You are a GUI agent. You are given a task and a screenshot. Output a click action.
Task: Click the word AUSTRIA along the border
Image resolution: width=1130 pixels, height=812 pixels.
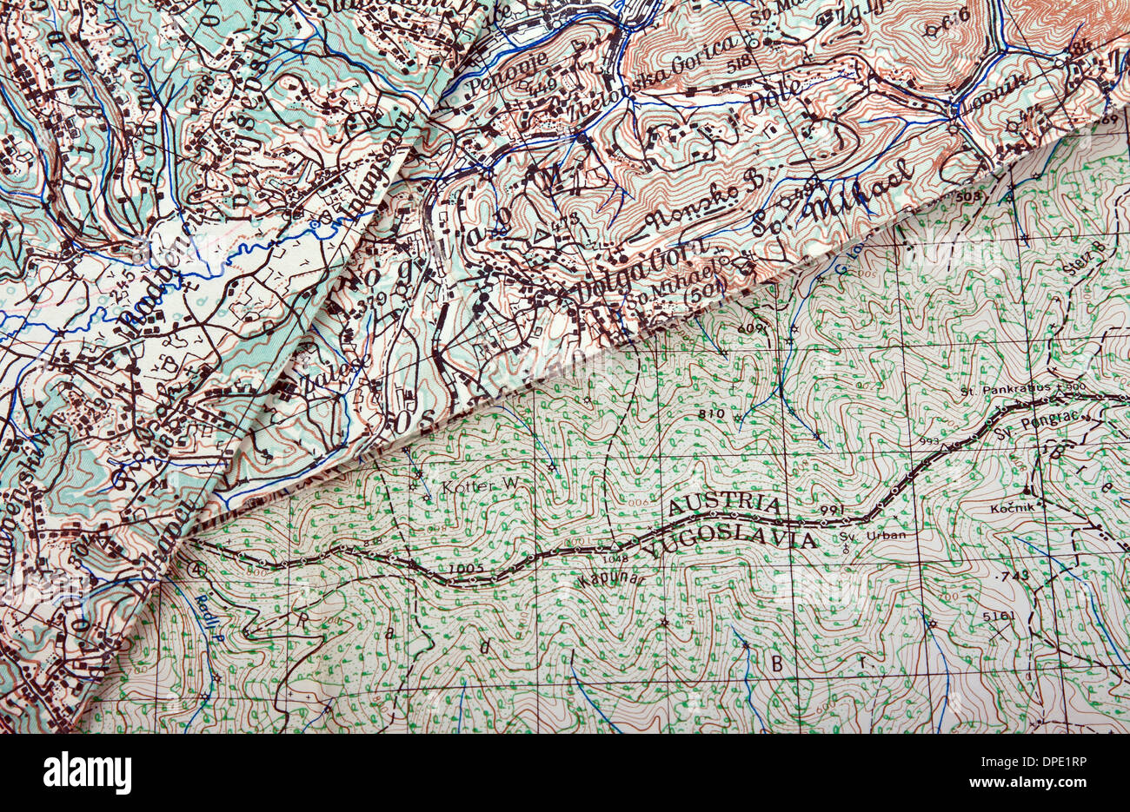[724, 504]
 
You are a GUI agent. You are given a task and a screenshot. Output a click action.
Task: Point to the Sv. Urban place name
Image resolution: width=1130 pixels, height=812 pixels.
[874, 535]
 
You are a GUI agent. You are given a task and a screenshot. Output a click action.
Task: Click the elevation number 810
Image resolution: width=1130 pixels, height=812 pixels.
[710, 413]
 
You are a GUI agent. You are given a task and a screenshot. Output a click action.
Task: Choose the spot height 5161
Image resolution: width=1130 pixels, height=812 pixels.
[998, 615]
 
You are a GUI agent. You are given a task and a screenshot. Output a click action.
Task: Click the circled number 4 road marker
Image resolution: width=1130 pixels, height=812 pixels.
[196, 570]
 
